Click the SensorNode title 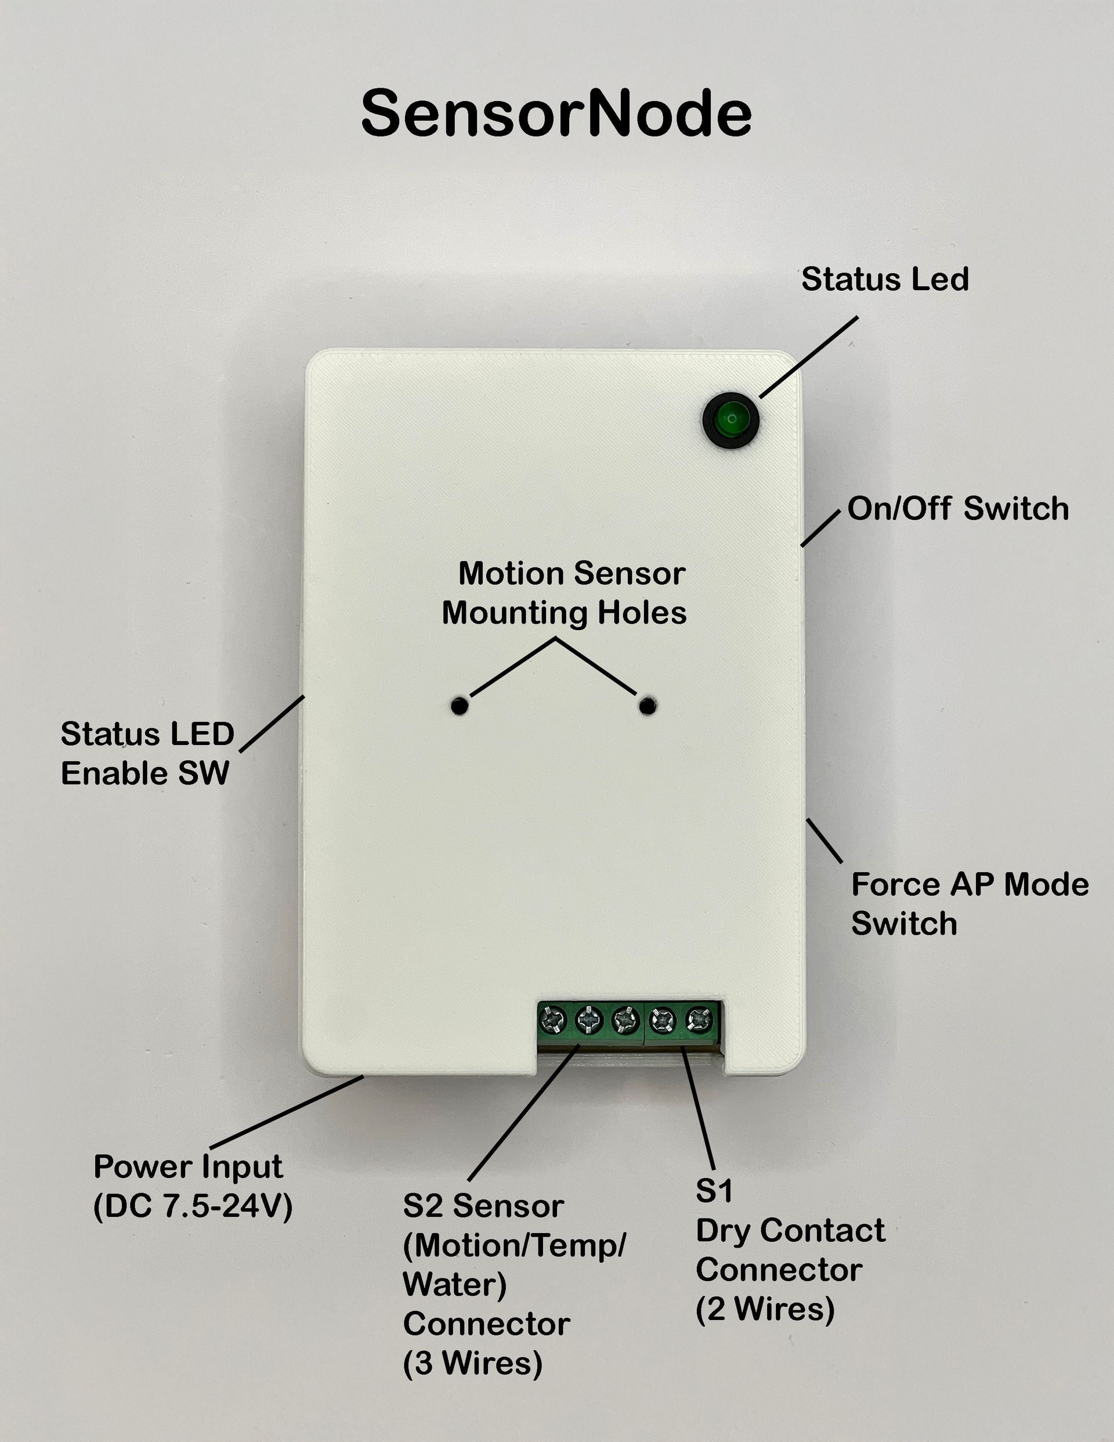tap(556, 114)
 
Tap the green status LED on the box tap(731, 420)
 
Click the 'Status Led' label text tap(885, 279)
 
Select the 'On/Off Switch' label tap(957, 508)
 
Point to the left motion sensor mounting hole tap(460, 706)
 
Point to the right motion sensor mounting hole tap(648, 706)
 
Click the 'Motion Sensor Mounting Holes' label tap(565, 593)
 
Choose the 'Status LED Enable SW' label tap(147, 753)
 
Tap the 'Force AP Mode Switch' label tap(970, 904)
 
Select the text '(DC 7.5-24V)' tap(193, 1208)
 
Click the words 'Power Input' tap(188, 1167)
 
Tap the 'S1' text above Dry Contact tap(714, 1190)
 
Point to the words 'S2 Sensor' tap(483, 1206)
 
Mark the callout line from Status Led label tap(808, 357)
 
